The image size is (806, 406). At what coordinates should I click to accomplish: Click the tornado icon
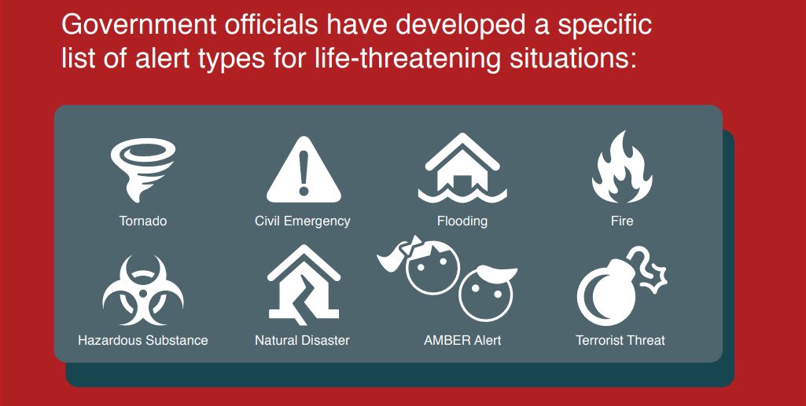142,170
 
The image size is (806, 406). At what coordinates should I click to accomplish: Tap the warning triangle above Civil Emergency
304,170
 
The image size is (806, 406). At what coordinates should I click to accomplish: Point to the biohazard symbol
143,291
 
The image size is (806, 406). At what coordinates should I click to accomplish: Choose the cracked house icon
304,285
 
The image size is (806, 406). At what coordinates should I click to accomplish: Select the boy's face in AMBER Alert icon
487,293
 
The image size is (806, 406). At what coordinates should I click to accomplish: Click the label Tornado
143,221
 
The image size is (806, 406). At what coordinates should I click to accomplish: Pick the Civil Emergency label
303,221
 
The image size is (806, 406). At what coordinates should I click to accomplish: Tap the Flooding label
462,221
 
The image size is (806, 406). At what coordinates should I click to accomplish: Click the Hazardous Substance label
143,340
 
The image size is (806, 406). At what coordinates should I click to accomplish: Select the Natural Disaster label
302,340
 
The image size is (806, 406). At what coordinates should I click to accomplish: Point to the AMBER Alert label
462,340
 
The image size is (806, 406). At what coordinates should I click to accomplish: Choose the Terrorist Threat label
620,340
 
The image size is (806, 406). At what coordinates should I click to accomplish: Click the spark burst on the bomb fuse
654,278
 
